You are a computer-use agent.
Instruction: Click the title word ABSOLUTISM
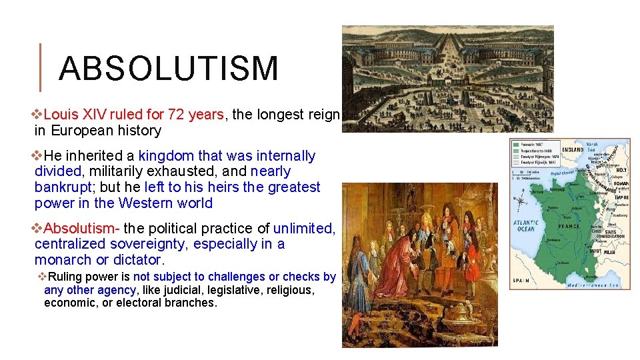(x=168, y=69)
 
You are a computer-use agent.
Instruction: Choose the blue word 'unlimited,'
(x=304, y=228)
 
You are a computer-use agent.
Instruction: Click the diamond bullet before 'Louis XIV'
(x=38, y=115)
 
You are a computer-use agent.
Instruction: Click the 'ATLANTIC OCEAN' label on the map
(x=526, y=226)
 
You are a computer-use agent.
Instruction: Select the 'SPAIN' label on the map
(x=521, y=281)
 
